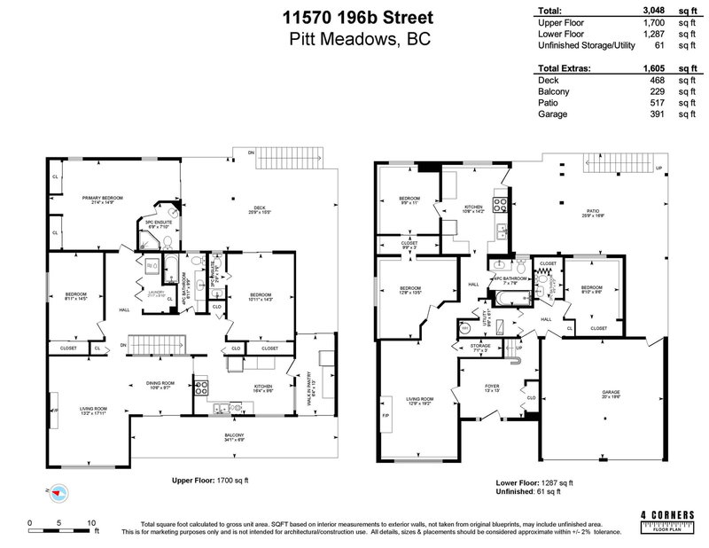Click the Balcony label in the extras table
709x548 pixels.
(x=555, y=91)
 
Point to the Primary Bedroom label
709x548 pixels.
(x=102, y=200)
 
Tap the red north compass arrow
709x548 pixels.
(x=58, y=491)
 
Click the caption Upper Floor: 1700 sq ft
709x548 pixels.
(x=210, y=480)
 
